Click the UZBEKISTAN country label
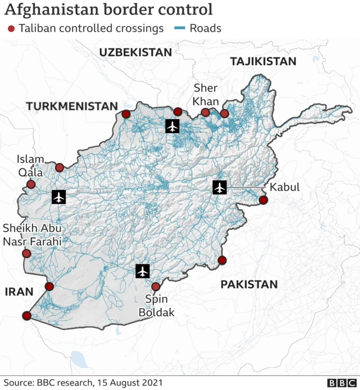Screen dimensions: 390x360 pos(135,52)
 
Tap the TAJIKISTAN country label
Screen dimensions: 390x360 pos(263,62)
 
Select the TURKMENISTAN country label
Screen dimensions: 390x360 pos(71,106)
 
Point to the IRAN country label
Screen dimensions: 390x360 pos(19,291)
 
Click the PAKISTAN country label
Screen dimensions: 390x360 pos(249,284)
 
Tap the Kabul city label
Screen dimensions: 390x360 pos(285,188)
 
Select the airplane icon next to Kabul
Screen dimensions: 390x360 pos(219,188)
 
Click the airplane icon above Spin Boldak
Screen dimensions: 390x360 pos(143,271)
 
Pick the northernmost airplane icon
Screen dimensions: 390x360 pos(173,126)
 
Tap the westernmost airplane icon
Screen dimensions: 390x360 pos(58,197)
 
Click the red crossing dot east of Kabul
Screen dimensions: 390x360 pos(263,201)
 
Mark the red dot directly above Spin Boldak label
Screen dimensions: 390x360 pos(156,287)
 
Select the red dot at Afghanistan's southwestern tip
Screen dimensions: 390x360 pos(26,316)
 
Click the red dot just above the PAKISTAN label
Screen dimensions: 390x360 pos(222,260)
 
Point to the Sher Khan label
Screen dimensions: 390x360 pos(205,94)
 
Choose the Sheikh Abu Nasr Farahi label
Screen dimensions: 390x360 pos(31,235)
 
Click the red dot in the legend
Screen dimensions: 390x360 pos(11,28)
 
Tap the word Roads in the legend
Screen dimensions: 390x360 pos(205,28)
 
